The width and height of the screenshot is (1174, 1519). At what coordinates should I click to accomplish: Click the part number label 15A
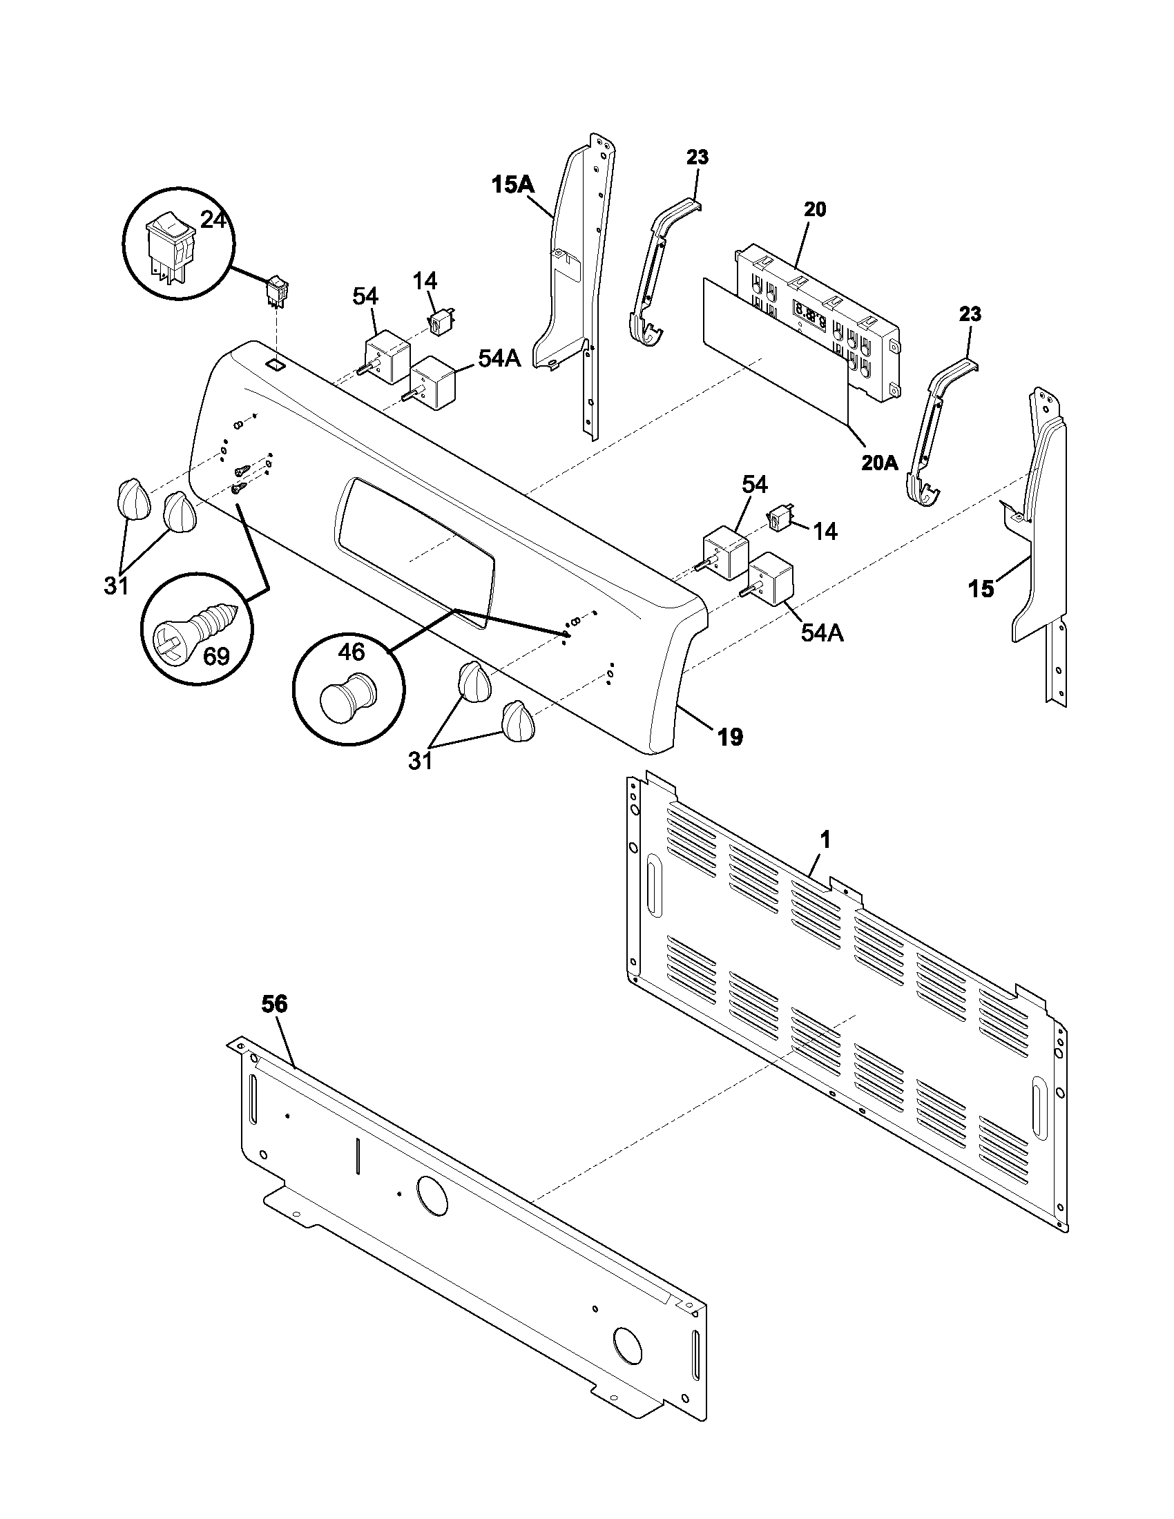[x=513, y=185]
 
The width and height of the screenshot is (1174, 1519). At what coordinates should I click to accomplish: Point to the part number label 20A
[x=880, y=463]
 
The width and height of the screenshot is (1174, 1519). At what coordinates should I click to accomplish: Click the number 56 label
[x=274, y=1005]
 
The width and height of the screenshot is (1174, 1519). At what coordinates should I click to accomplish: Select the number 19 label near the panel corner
[x=730, y=737]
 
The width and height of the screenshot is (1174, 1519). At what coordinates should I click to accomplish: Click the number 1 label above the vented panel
[x=825, y=840]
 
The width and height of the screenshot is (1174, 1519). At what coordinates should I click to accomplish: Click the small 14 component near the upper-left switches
[x=439, y=322]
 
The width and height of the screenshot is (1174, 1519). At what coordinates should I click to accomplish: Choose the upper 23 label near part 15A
[x=697, y=157]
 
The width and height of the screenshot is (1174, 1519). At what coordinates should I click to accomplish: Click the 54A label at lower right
[x=822, y=634]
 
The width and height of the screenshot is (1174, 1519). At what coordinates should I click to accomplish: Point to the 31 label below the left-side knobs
[x=117, y=586]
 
